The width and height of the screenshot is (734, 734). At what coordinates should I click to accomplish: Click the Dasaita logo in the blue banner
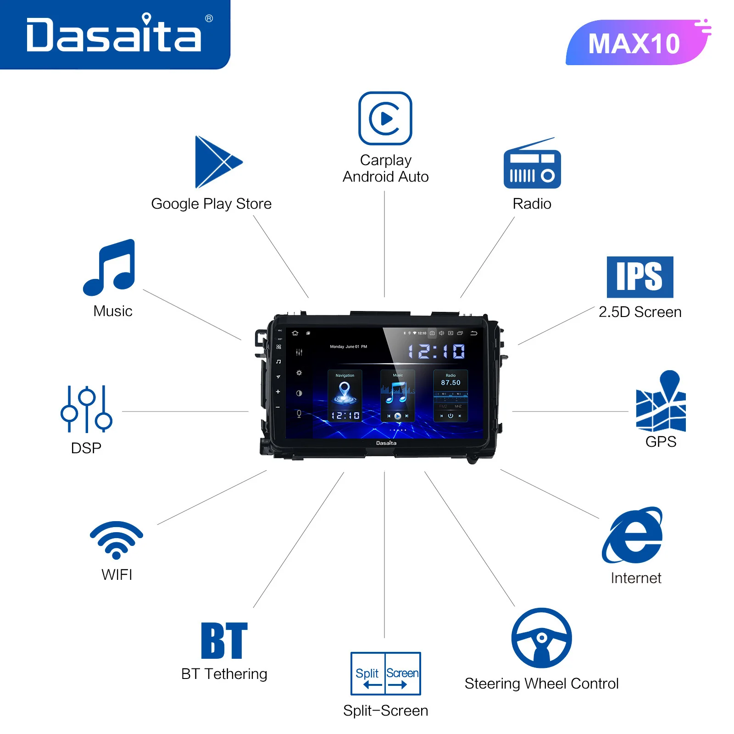[114, 34]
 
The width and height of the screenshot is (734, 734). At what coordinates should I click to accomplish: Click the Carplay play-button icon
[385, 118]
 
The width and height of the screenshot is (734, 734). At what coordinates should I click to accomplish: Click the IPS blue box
[640, 277]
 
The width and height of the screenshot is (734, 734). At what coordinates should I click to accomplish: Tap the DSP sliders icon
[86, 409]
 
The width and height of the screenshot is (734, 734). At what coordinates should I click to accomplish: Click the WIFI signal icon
[117, 539]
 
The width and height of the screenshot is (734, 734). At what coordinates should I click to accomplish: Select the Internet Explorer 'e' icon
[633, 536]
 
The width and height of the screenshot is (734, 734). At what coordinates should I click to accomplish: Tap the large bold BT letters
[224, 640]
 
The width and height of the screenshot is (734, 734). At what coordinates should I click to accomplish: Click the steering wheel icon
[542, 638]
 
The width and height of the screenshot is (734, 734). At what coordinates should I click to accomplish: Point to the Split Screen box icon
[385, 673]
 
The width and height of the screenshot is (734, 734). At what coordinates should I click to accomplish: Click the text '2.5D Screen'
[640, 312]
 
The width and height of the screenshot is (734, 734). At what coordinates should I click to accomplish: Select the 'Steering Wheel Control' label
[541, 684]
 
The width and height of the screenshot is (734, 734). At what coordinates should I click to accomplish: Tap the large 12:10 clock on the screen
[436, 352]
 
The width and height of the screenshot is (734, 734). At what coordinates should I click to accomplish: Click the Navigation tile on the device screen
[345, 395]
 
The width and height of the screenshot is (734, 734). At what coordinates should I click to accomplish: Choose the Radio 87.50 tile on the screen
[450, 395]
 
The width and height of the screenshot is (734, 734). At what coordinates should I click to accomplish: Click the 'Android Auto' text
[385, 177]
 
